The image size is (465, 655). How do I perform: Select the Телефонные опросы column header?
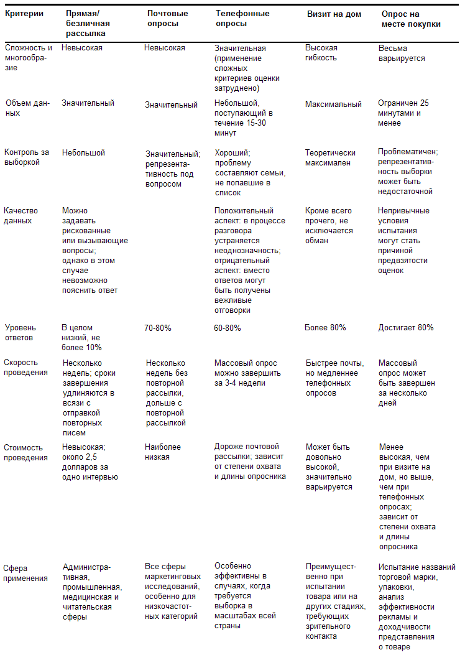242,19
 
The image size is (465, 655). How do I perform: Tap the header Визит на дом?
334,14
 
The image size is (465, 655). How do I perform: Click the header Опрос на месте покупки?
411,19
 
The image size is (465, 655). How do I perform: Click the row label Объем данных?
21,108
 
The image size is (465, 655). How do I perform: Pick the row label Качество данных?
19,216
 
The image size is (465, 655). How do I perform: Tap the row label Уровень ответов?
21,333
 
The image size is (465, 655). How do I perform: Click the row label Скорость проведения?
25,368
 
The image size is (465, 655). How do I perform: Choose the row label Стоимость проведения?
25,452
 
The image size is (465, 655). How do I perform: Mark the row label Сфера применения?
25,573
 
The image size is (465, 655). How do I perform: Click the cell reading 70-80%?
158,328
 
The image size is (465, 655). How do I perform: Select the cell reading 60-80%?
228,328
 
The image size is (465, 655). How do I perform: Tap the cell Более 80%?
325,328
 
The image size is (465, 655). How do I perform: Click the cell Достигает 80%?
406,328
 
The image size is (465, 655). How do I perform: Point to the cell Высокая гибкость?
321,53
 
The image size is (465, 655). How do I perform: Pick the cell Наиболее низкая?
163,452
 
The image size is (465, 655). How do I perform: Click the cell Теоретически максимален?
330,158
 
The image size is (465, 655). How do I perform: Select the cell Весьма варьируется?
402,53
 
